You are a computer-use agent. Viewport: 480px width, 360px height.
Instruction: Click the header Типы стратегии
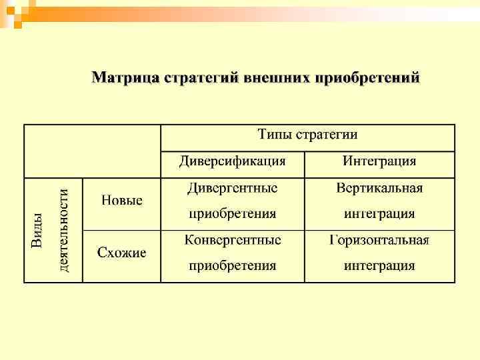pos(307,135)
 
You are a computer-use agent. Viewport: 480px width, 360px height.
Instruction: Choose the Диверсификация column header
pos(232,161)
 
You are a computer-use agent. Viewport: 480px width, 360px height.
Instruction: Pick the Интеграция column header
pos(379,161)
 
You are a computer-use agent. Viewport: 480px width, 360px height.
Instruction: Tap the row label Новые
pos(122,200)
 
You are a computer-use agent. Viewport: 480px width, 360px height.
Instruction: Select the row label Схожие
pos(122,252)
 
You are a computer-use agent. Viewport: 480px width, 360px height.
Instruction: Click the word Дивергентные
pos(232,188)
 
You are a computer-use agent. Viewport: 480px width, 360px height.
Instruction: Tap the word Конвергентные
pos(232,239)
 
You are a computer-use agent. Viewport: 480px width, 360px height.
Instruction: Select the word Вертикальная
pos(379,188)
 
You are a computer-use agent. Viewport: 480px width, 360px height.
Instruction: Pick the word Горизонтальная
pos(379,239)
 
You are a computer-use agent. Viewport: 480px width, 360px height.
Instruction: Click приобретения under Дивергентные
pos(232,214)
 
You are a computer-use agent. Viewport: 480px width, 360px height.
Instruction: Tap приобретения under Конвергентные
pos(232,266)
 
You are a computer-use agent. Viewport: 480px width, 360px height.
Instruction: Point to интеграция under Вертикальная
pos(379,214)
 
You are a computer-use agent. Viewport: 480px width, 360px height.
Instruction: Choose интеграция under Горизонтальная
pos(379,266)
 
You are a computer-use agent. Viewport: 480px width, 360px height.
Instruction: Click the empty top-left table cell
pos(92,151)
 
